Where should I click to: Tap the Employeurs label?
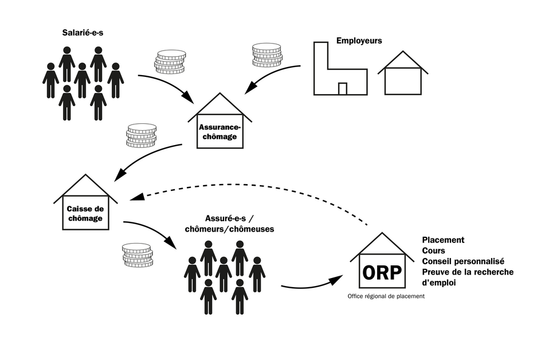(x=359, y=41)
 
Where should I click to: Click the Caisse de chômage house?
(x=85, y=214)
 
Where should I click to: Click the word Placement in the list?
(x=443, y=240)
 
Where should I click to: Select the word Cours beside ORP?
(x=433, y=251)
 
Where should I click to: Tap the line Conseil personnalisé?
(x=463, y=261)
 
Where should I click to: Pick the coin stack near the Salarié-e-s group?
(x=170, y=62)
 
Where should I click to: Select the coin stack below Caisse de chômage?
(x=138, y=255)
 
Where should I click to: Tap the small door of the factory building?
(x=343, y=88)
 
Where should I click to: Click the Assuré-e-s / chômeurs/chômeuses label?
(x=229, y=224)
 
